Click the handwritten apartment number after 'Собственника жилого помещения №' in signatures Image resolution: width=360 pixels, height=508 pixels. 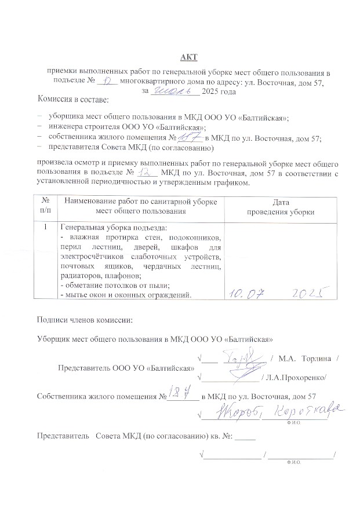182,395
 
